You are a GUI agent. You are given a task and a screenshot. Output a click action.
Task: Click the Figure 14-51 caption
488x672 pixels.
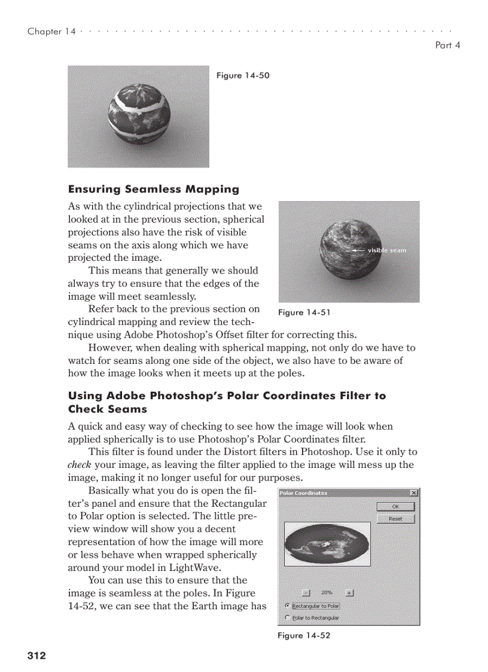tap(304, 312)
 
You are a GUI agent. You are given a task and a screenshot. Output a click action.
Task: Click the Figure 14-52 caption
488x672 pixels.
tap(304, 635)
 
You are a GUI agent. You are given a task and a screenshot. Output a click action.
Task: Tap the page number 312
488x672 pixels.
tap(36, 656)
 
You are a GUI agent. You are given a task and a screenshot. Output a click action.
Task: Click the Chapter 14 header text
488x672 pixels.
tap(51, 31)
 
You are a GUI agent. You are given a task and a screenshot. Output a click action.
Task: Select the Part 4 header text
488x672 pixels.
tap(447, 45)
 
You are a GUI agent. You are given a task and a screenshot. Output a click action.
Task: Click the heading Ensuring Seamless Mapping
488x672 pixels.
tap(153, 189)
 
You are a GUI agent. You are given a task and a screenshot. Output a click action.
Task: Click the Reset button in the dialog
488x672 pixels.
tap(395, 519)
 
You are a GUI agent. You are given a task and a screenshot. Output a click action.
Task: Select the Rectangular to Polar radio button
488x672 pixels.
tap(288, 606)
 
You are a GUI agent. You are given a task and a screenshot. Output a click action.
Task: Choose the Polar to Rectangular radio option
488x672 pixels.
tap(288, 618)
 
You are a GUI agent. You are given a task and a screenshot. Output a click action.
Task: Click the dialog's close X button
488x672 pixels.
tap(414, 493)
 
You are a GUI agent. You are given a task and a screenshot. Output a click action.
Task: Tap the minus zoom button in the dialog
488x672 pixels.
tap(306, 592)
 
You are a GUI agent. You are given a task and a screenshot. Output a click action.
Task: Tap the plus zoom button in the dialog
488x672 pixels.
tap(350, 592)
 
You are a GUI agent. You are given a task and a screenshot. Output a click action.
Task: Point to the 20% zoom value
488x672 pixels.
tap(327, 592)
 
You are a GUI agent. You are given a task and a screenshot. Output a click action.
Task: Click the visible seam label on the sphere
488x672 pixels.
tap(386, 250)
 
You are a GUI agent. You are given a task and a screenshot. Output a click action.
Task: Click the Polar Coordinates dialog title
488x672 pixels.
tap(304, 493)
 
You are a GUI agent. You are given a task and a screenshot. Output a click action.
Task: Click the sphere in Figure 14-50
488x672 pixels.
tap(139, 114)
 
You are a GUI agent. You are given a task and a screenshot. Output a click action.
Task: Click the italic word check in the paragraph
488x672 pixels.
tap(78, 465)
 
